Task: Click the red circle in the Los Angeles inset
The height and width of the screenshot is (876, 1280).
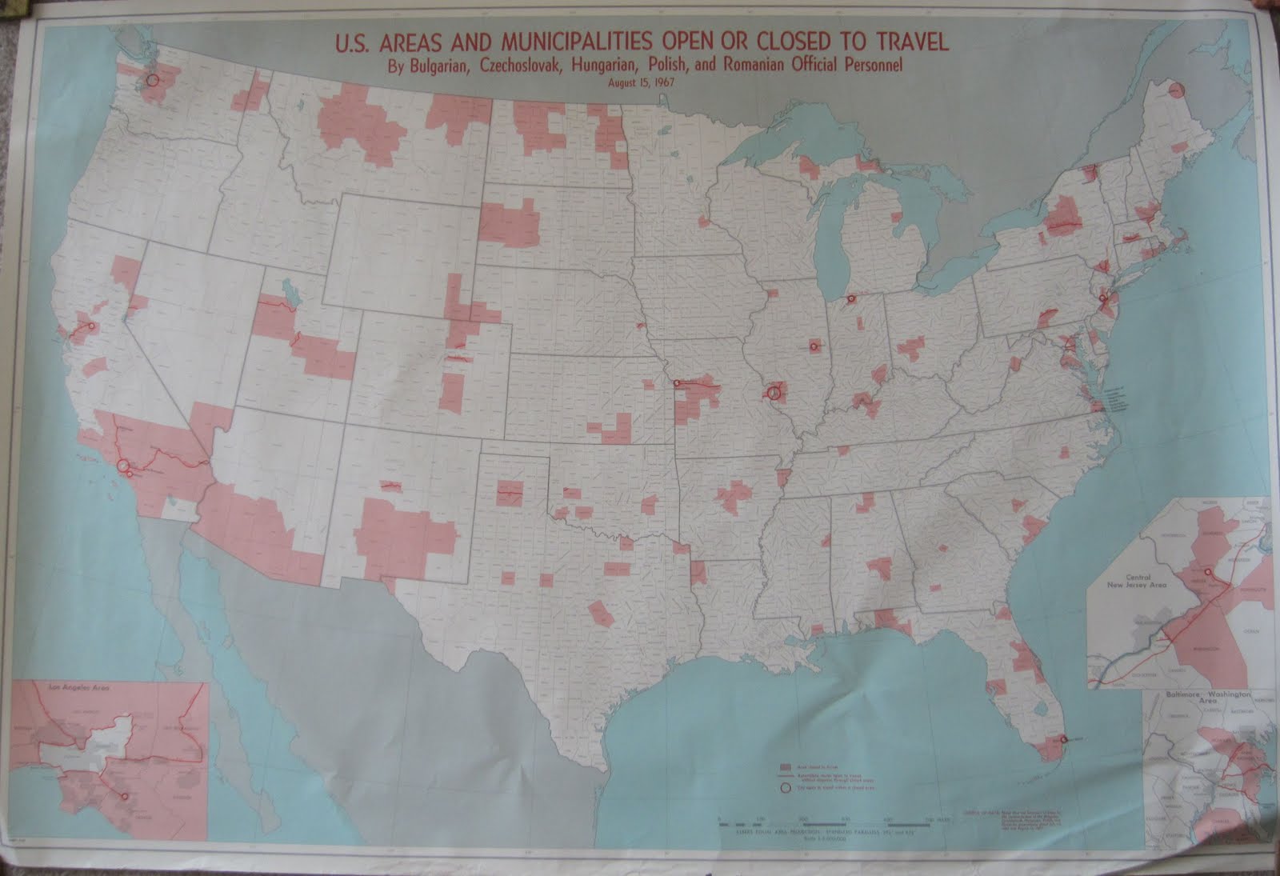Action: [123, 796]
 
